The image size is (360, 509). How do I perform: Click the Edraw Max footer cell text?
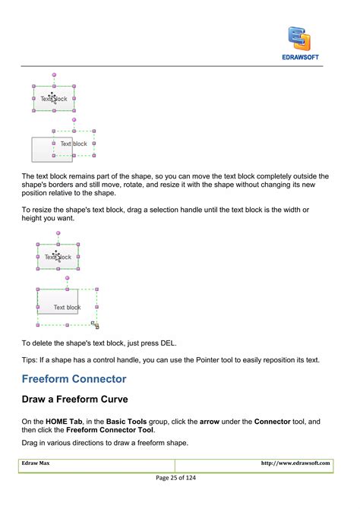pyautogui.click(x=36, y=463)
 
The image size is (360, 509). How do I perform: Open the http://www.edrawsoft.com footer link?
pyautogui.click(x=295, y=463)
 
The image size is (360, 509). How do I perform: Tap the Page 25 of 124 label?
pyautogui.click(x=180, y=477)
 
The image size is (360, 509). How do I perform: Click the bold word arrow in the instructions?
pyautogui.click(x=210, y=421)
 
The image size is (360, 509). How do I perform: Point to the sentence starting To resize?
pyautogui.click(x=163, y=209)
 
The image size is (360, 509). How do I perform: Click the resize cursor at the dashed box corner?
pyautogui.click(x=95, y=324)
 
